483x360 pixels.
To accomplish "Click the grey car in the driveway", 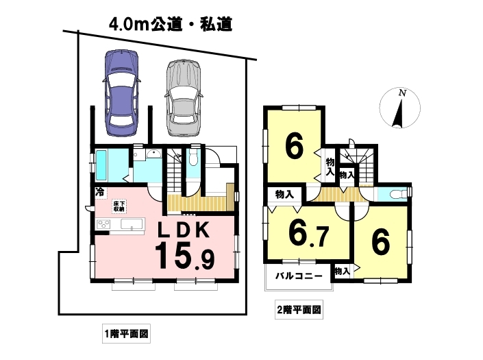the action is (x=184, y=98).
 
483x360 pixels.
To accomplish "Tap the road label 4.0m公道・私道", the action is (x=171, y=24).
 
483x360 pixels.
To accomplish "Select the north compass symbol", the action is (x=399, y=108).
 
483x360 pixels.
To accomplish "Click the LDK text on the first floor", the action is (x=184, y=230).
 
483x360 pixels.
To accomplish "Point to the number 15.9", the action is (x=185, y=256).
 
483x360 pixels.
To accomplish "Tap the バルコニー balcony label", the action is (x=299, y=275).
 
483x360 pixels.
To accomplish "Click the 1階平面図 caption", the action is (x=126, y=333).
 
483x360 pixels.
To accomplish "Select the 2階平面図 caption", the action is (x=299, y=309).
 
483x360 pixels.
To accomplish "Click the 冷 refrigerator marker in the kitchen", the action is (x=99, y=192).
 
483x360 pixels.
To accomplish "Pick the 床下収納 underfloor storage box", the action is (x=119, y=206).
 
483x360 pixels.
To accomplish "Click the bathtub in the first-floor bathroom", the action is (x=101, y=165).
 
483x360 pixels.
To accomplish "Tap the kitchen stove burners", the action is (x=104, y=224).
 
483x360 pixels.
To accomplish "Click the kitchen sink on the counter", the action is (x=132, y=224).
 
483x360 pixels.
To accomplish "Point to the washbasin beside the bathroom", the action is (x=153, y=154).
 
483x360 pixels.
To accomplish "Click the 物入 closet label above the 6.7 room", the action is (x=284, y=195).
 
